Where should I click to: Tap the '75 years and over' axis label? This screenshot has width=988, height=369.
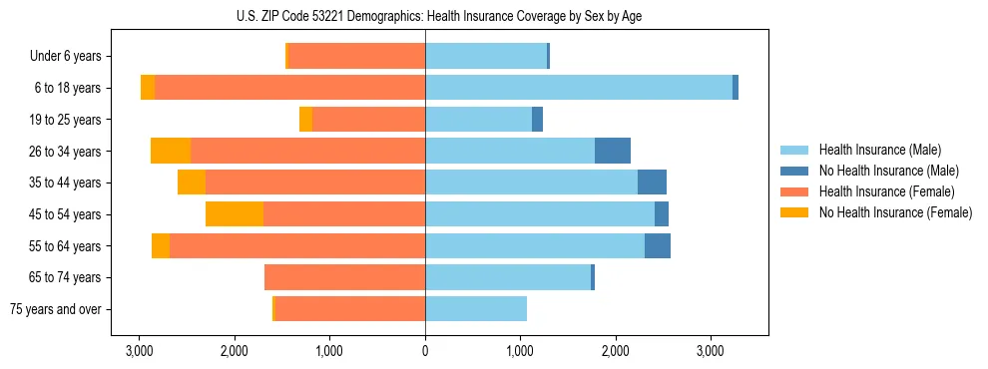55,309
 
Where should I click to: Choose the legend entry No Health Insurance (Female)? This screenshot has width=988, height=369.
895,212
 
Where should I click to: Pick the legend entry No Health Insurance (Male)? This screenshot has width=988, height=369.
888,171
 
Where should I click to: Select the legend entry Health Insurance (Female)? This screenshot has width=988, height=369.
886,191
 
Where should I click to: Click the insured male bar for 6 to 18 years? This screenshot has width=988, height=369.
579,88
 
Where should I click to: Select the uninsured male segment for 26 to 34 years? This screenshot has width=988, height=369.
613,151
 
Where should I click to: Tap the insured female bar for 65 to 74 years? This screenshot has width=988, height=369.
344,277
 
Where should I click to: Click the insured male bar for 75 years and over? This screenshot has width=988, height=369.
476,309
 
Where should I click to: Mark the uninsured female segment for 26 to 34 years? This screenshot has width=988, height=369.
171,151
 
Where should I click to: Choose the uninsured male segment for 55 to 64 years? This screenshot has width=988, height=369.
658,245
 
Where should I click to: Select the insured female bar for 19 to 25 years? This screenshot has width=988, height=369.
368,120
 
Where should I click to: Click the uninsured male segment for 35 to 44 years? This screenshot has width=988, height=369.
652,183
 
